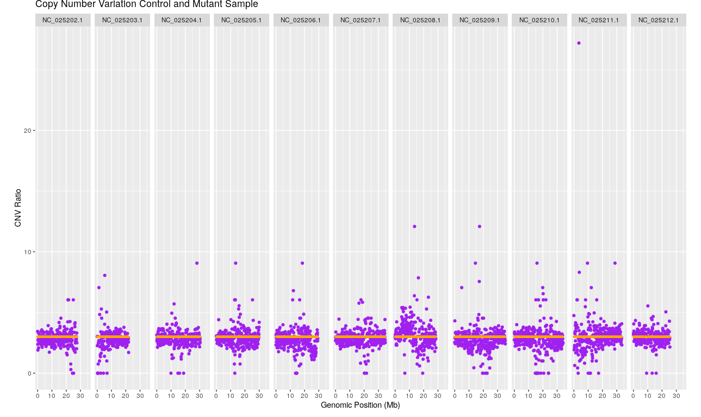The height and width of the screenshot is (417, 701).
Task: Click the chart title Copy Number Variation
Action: (x=146, y=4)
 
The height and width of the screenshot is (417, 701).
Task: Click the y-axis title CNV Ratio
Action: (x=18, y=207)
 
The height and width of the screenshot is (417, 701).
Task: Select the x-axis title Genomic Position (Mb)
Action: (x=360, y=405)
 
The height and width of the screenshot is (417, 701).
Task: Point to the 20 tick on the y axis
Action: (x=28, y=131)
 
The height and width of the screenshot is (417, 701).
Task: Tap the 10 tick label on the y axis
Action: (x=28, y=252)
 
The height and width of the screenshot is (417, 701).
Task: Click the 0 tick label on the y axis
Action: (x=30, y=373)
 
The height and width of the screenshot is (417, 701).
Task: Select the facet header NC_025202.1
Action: (x=63, y=20)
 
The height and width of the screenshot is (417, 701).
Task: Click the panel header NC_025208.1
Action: (x=420, y=20)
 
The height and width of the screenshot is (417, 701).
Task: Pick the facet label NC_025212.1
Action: (x=658, y=20)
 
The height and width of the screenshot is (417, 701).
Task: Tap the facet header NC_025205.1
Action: (x=241, y=20)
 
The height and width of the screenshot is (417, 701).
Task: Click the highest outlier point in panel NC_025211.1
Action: (x=579, y=43)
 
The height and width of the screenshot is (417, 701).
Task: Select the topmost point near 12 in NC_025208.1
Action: (x=414, y=226)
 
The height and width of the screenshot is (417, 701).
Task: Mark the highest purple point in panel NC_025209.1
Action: (x=479, y=226)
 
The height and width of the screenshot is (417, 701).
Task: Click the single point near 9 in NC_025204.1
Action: (x=197, y=263)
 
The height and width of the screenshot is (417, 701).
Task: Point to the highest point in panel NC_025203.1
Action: (x=104, y=275)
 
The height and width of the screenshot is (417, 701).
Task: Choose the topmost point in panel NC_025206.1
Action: (x=302, y=263)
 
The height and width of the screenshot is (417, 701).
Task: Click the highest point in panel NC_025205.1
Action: (x=235, y=263)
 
